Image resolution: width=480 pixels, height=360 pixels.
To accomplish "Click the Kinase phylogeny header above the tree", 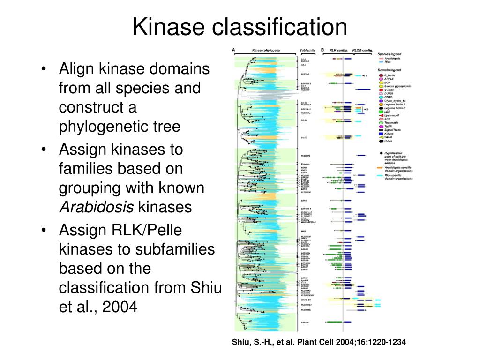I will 266,50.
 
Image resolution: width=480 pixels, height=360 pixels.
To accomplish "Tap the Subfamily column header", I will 307,50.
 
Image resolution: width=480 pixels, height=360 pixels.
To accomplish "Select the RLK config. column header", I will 339,50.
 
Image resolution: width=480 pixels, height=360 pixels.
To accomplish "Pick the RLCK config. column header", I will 362,50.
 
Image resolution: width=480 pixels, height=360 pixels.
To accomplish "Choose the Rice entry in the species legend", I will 387,62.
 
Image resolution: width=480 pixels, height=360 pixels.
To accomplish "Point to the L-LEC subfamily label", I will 304,137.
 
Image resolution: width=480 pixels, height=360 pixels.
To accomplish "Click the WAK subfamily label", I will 303,231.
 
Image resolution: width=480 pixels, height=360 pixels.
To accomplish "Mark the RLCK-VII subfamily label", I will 306,156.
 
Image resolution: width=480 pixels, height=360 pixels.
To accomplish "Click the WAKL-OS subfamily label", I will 306,299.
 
